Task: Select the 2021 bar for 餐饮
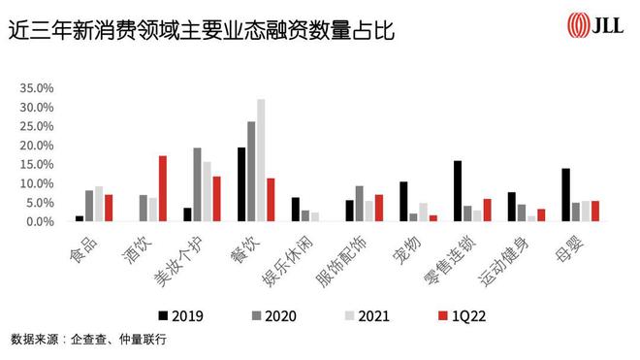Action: pos(260,160)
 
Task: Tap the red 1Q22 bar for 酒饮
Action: pos(163,188)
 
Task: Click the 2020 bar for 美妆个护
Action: pos(197,184)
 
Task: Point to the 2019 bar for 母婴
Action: pos(565,195)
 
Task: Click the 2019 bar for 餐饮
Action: pos(241,184)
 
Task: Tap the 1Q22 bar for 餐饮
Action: pos(271,200)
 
